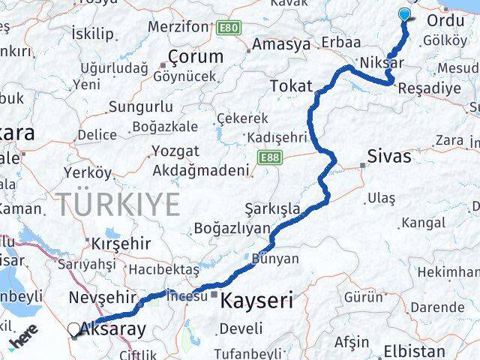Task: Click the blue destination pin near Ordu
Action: tap(405, 14)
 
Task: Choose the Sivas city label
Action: tap(389, 157)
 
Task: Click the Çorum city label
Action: tap(195, 56)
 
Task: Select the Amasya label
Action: tap(280, 44)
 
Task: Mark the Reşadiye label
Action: tap(429, 88)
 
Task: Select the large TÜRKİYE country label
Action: tap(118, 204)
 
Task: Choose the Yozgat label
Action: tap(175, 151)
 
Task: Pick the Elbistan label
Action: tap(414, 350)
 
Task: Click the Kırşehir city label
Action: tap(120, 244)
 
